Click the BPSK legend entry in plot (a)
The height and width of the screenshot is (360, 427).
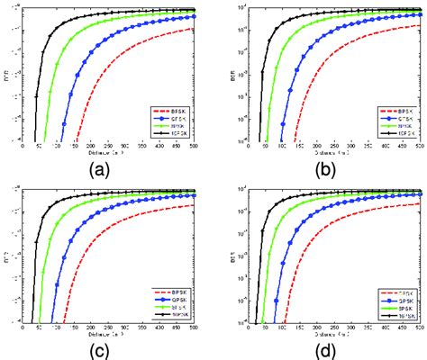point(177,111)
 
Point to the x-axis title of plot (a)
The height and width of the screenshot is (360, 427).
point(108,153)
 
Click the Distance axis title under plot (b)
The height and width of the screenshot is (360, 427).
point(331,153)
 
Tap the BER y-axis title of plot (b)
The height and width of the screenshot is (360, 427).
point(232,75)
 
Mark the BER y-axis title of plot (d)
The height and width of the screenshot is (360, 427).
point(232,256)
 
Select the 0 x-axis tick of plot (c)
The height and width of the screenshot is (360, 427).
point(23,328)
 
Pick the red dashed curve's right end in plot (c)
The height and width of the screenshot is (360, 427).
point(194,205)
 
